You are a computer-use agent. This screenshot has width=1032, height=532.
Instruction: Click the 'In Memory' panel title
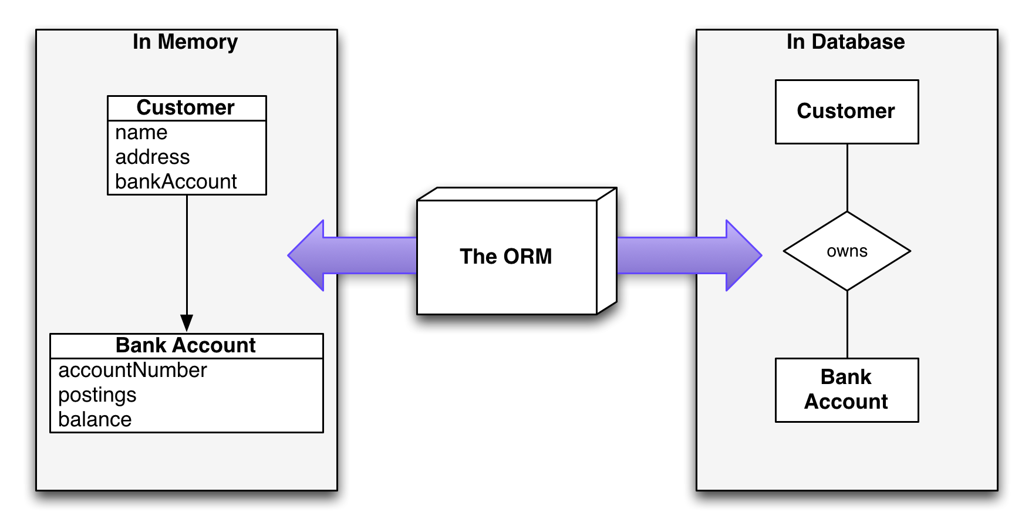pos(185,42)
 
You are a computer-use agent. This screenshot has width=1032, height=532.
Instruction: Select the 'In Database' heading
pos(845,42)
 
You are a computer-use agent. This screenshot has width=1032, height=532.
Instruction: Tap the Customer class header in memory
pos(186,108)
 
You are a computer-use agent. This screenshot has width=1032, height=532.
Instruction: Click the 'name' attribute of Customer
pos(141,133)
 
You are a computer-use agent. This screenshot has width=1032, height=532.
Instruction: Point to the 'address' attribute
pos(152,157)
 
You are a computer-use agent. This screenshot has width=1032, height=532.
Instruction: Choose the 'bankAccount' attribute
pos(176,182)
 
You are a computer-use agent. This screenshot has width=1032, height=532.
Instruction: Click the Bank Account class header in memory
pos(186,345)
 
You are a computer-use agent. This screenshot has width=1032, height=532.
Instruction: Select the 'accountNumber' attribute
pos(132,371)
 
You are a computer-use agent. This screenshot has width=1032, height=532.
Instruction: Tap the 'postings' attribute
pos(97,395)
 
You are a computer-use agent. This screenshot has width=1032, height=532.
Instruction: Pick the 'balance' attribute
pos(95,420)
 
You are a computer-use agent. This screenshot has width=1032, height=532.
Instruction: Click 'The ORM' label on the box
pos(505,257)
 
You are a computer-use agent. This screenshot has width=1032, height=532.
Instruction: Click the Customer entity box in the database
pos(846,112)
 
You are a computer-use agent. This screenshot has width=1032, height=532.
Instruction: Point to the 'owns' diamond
pos(846,251)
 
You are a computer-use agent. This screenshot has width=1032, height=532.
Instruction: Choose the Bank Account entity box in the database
pos(846,389)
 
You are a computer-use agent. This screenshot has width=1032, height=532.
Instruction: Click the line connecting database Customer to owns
pos(847,177)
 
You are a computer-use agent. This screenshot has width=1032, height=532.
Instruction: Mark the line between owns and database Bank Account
pos(847,324)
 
